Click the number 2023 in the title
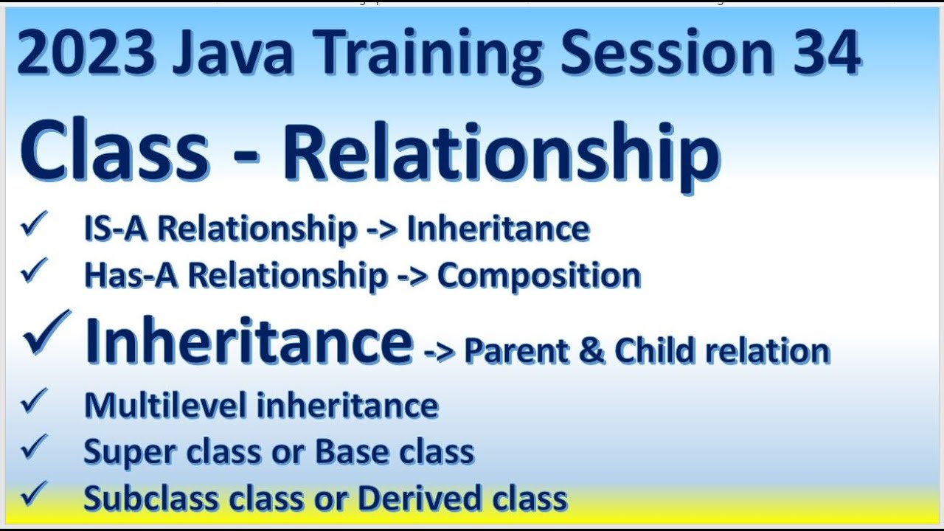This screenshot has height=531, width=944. (86, 53)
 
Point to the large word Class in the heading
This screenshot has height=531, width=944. (115, 152)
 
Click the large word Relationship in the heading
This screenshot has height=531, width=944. (501, 152)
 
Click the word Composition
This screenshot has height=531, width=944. (539, 275)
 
